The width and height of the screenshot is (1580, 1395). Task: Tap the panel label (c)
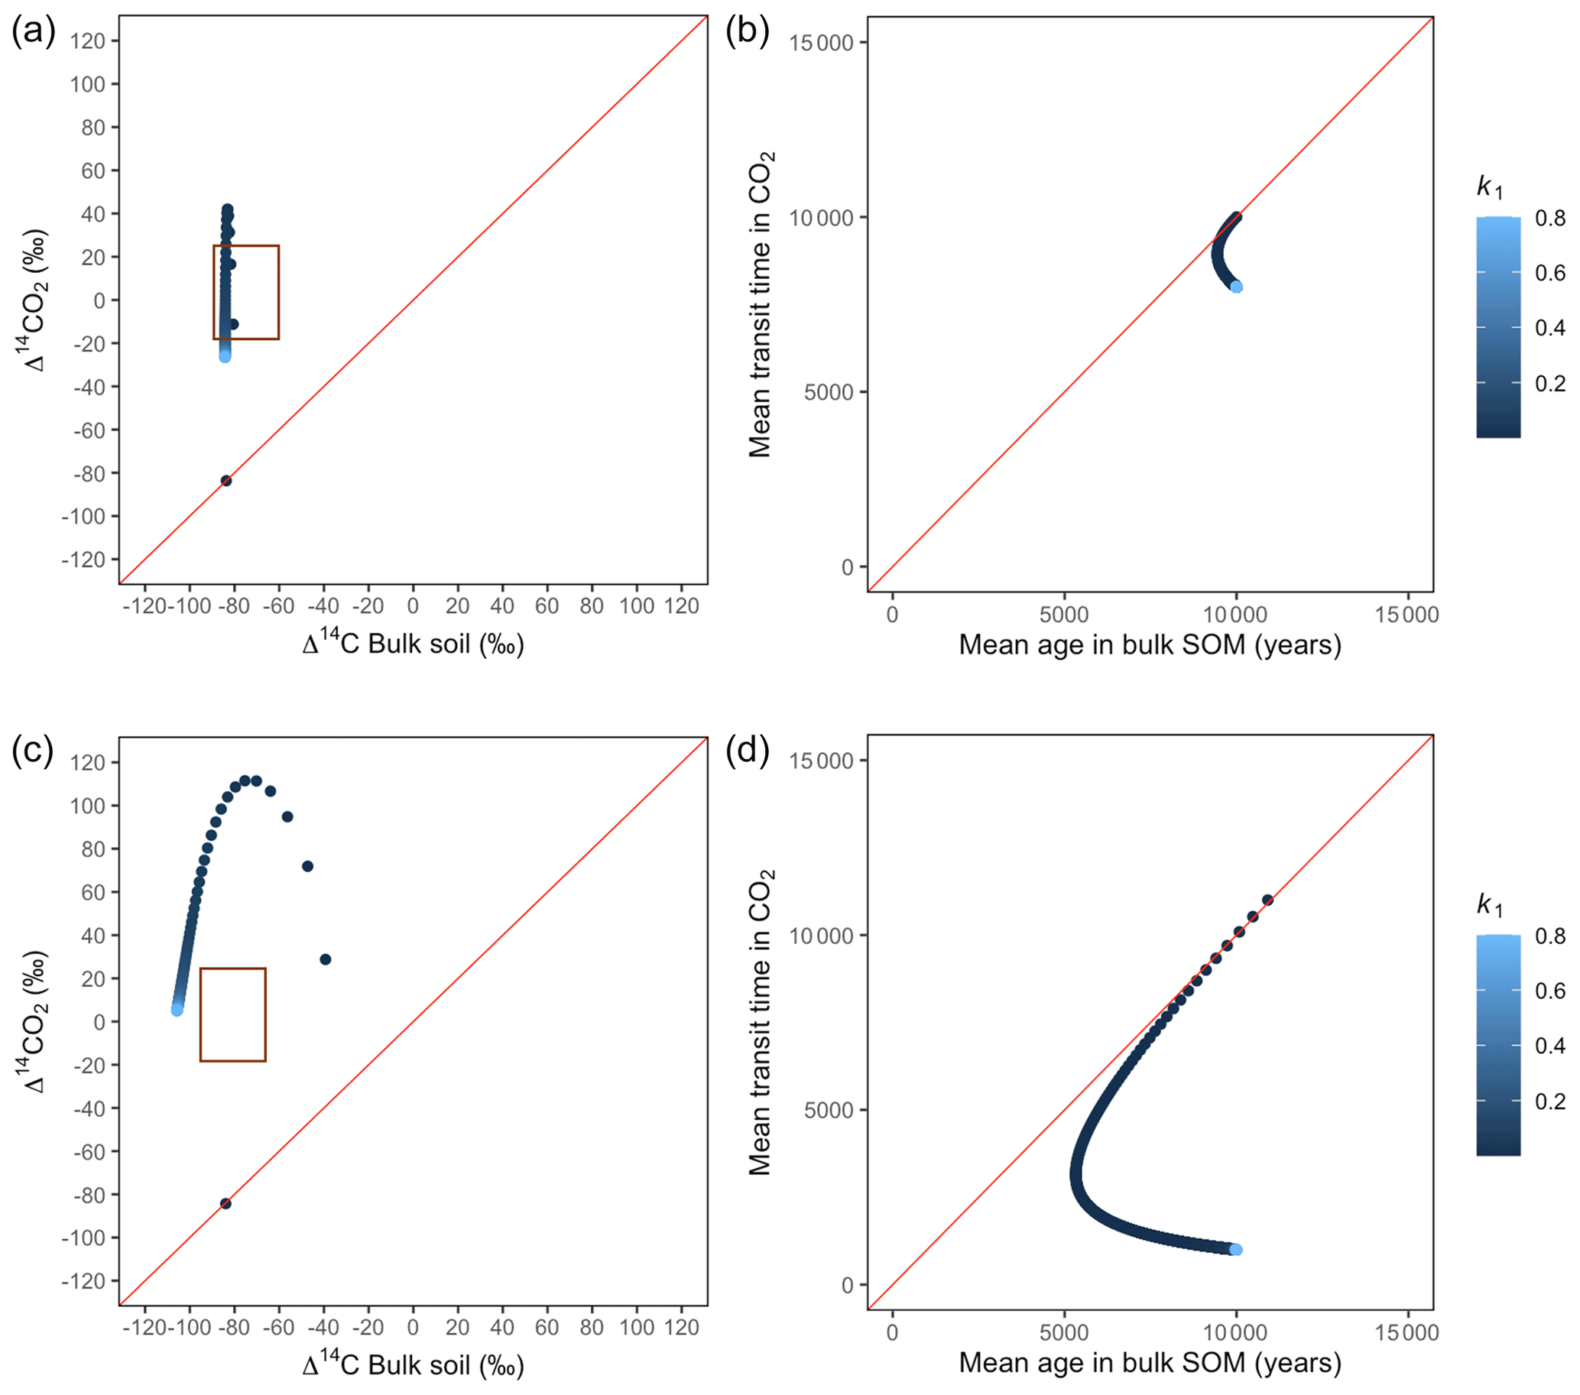pyautogui.click(x=33, y=751)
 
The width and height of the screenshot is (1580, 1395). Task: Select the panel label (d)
pyautogui.click(x=747, y=751)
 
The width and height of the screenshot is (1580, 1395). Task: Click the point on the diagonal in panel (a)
pyautogui.click(x=226, y=481)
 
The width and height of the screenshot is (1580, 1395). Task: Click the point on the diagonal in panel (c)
pyautogui.click(x=225, y=1203)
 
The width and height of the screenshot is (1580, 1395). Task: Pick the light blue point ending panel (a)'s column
pyautogui.click(x=225, y=356)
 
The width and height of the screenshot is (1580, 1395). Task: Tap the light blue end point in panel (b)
pyautogui.click(x=1237, y=287)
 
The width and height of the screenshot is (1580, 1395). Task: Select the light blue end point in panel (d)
pyautogui.click(x=1236, y=1250)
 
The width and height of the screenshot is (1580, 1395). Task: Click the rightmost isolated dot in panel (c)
pyautogui.click(x=326, y=959)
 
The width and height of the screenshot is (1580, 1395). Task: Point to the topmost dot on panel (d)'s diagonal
pyautogui.click(x=1267, y=900)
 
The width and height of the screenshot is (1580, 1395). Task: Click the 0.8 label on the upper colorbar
pyautogui.click(x=1550, y=218)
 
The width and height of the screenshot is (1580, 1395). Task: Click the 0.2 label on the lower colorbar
pyautogui.click(x=1550, y=1101)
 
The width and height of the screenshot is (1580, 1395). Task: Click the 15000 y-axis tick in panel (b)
pyautogui.click(x=821, y=43)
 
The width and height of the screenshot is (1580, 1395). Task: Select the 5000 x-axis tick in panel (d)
pyautogui.click(x=1063, y=1332)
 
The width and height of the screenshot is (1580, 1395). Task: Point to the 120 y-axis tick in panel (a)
pyautogui.click(x=87, y=41)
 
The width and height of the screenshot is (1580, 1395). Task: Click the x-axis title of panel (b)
pyautogui.click(x=1150, y=644)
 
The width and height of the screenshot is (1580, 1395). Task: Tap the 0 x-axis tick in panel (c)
pyautogui.click(x=413, y=1328)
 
